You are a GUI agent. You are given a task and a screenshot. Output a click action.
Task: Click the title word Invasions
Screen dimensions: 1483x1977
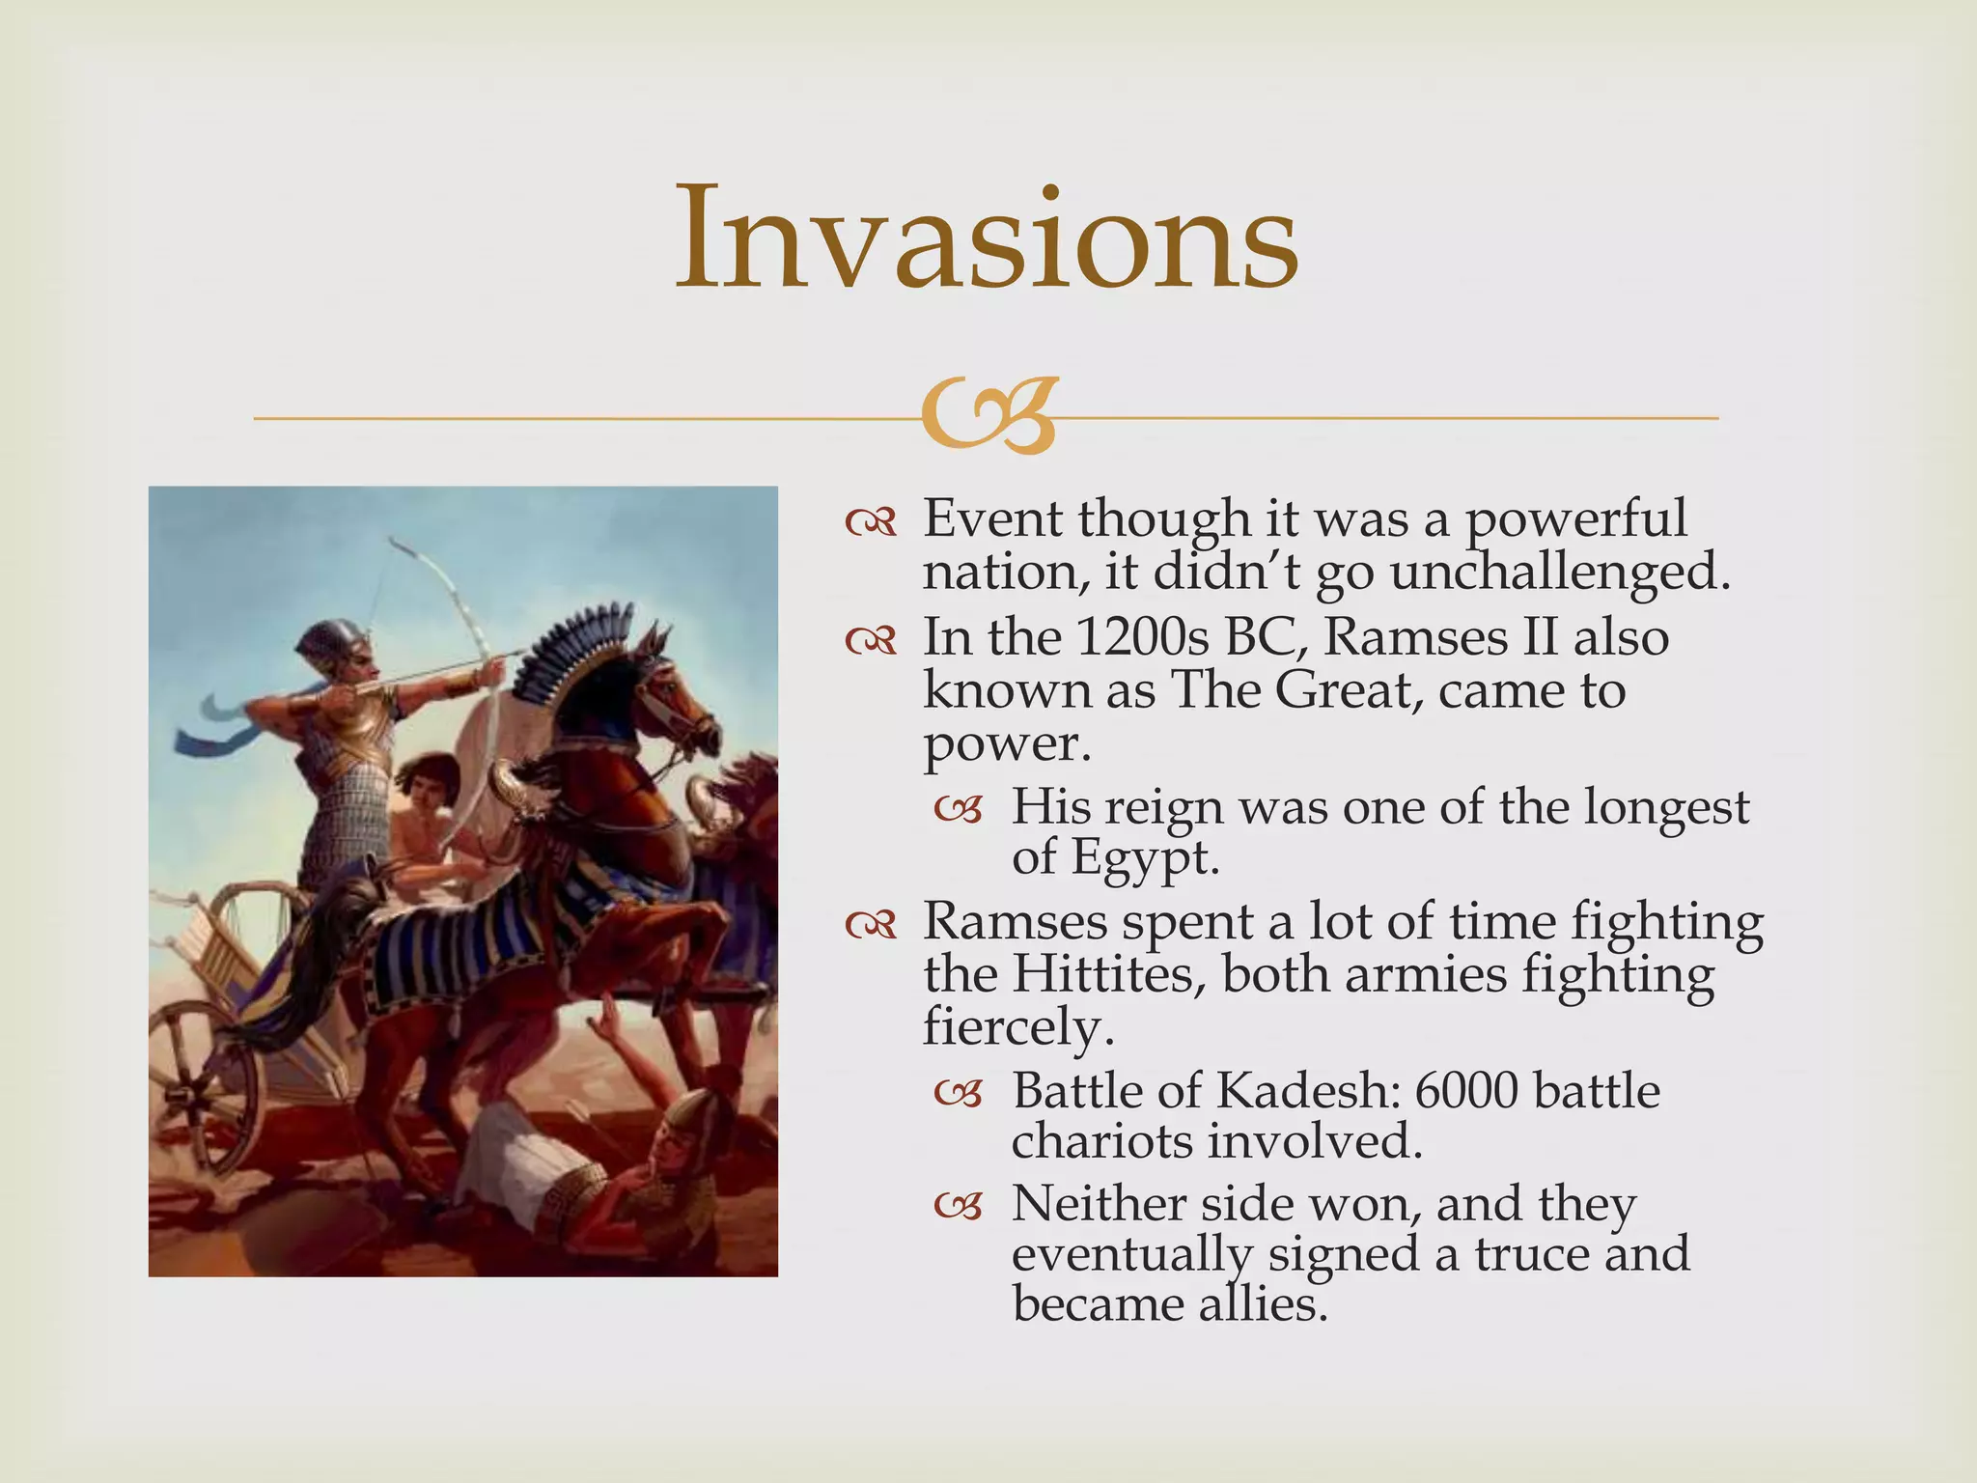tap(987, 238)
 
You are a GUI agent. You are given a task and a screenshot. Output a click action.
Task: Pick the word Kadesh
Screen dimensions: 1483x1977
tap(1307, 1091)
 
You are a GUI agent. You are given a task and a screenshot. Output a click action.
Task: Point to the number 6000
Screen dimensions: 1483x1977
tap(1466, 1091)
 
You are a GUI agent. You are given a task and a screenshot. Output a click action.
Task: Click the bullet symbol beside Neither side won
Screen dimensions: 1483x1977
tap(958, 1206)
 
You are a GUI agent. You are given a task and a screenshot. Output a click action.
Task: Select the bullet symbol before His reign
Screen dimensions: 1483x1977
tap(958, 809)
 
